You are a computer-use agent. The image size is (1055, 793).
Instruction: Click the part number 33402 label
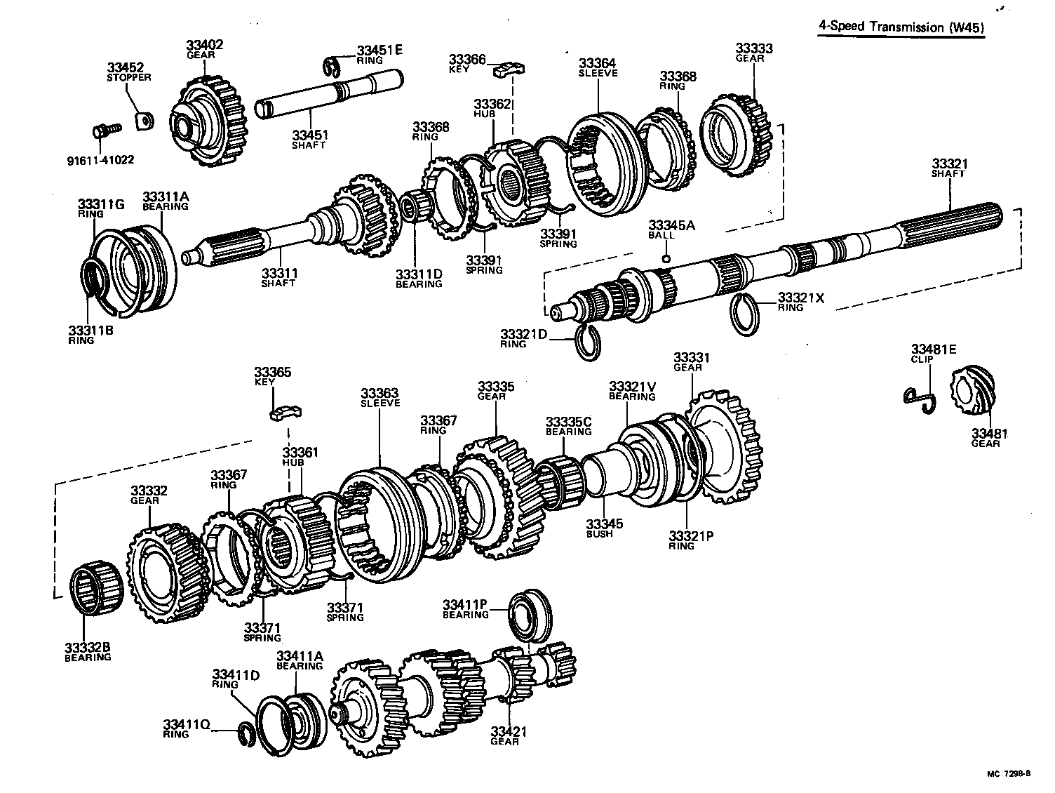point(205,45)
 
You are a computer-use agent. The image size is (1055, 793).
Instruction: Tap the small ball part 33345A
point(666,258)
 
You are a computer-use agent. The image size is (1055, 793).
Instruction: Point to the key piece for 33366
point(511,68)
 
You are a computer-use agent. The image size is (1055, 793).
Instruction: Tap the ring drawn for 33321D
point(588,342)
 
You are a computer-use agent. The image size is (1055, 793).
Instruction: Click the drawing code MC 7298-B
point(1009,774)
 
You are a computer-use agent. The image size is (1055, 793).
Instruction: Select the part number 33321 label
point(950,164)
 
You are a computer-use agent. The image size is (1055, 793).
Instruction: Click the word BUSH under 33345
point(600,533)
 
